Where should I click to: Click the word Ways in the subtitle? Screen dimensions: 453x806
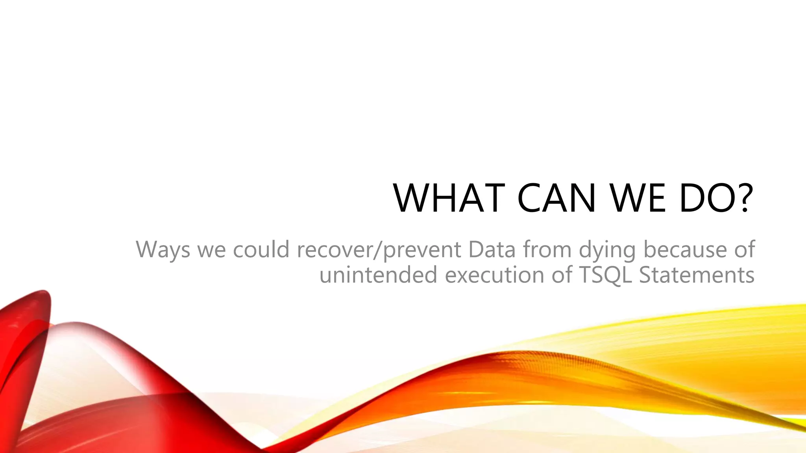pyautogui.click(x=163, y=250)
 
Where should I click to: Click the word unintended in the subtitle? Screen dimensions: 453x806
pyautogui.click(x=378, y=274)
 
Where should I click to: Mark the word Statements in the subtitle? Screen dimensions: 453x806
pyautogui.click(x=697, y=274)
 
